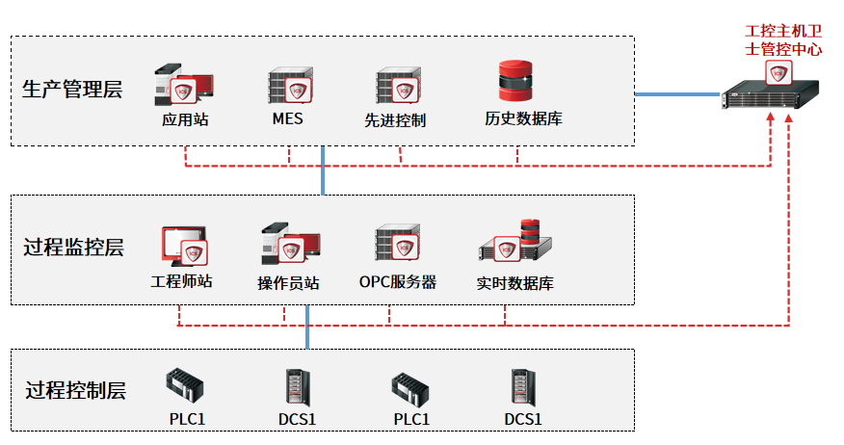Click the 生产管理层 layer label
(x=72, y=91)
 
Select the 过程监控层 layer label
(x=74, y=248)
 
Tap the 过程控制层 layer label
(x=76, y=391)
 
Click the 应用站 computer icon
(x=183, y=86)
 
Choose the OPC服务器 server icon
(x=396, y=245)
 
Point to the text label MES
(x=287, y=119)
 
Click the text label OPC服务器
(x=398, y=282)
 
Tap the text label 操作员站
(x=288, y=283)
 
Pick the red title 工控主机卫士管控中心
(x=783, y=40)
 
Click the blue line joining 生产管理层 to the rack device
(x=678, y=93)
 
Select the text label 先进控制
(x=395, y=120)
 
